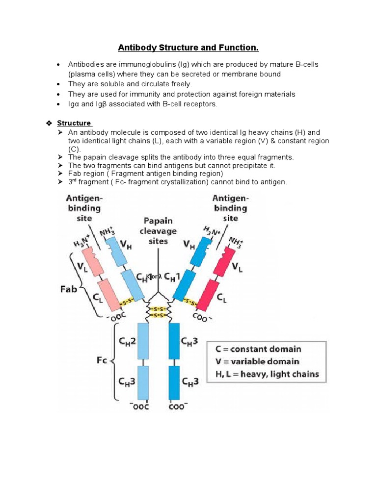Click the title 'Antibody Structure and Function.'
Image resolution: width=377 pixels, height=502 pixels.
(188, 48)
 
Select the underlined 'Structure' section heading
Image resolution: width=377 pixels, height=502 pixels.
(74, 123)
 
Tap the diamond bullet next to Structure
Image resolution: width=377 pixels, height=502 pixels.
(48, 123)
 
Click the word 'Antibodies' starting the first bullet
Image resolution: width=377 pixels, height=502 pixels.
(83, 65)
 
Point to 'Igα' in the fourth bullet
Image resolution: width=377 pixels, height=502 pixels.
(74, 104)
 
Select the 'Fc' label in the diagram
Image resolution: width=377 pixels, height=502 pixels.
(101, 362)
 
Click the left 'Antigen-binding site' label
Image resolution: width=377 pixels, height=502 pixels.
(84, 208)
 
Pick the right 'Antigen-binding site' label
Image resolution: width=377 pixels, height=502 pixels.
(230, 208)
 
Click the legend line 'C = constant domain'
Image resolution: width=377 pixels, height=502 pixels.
(258, 350)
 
